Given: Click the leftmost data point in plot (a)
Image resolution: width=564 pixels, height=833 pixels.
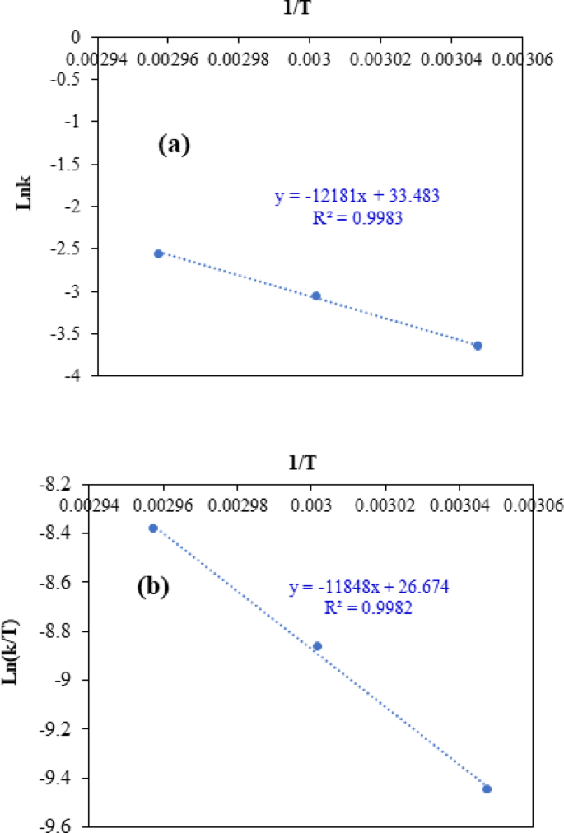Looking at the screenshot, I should click(158, 254).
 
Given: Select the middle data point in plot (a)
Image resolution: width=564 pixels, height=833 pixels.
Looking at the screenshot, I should click(315, 296).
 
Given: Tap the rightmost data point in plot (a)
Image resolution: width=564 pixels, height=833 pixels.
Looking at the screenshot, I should click(478, 346).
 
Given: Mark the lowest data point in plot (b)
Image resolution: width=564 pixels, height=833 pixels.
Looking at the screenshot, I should click(487, 789).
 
